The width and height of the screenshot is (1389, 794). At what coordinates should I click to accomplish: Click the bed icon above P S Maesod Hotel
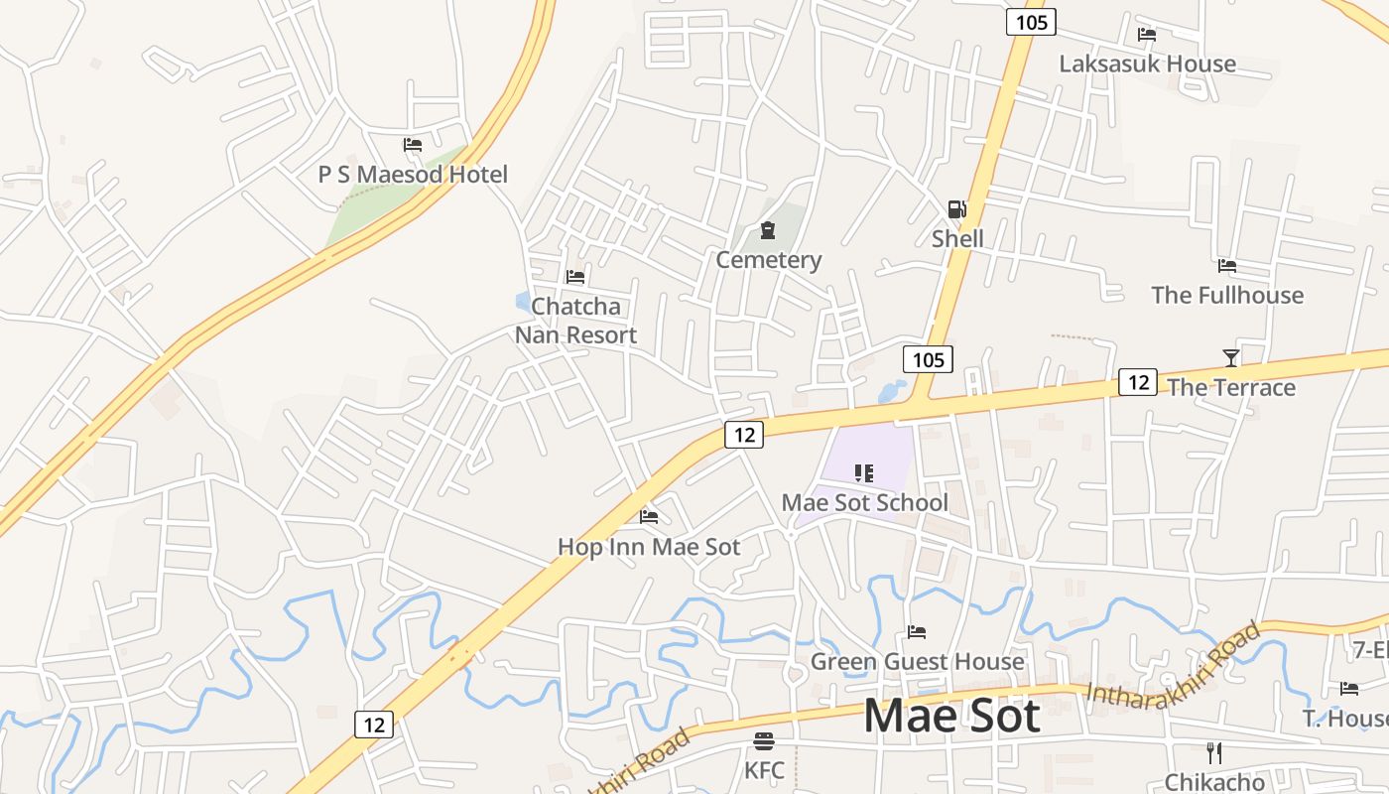[x=413, y=145]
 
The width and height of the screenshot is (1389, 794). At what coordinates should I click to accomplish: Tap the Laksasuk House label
[x=1147, y=64]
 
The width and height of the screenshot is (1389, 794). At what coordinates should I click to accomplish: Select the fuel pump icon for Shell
[x=956, y=208]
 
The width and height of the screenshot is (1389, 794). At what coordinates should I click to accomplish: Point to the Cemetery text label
[x=769, y=260]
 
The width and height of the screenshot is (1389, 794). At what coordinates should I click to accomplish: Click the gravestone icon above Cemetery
[x=768, y=231]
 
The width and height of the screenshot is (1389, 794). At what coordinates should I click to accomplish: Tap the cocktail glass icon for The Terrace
[x=1231, y=357]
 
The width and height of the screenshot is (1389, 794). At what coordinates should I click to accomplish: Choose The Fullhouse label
[x=1227, y=295]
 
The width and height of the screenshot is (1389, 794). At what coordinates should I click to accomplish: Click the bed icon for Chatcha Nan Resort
[x=575, y=277]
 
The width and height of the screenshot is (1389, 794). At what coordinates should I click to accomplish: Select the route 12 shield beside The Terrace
[x=1137, y=381]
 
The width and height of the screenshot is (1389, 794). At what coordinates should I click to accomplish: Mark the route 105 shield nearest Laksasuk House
[x=1031, y=21]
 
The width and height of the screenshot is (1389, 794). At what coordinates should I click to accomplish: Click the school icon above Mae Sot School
[x=863, y=473]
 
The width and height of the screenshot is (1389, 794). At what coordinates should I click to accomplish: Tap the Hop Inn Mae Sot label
[x=649, y=547]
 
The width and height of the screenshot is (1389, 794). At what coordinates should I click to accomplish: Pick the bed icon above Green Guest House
[x=917, y=632]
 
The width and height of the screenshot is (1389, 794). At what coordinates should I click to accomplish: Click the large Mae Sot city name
[x=951, y=716]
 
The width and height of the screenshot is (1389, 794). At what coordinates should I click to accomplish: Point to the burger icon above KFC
[x=764, y=740]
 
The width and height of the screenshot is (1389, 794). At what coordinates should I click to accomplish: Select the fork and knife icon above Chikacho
[x=1213, y=752]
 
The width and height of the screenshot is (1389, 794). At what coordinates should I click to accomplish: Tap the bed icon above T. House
[x=1349, y=688]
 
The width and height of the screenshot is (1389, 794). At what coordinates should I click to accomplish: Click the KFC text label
[x=764, y=770]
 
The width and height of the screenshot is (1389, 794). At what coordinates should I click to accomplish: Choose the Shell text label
[x=957, y=238]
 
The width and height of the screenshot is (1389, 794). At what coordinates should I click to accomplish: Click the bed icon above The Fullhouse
[x=1227, y=266]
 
